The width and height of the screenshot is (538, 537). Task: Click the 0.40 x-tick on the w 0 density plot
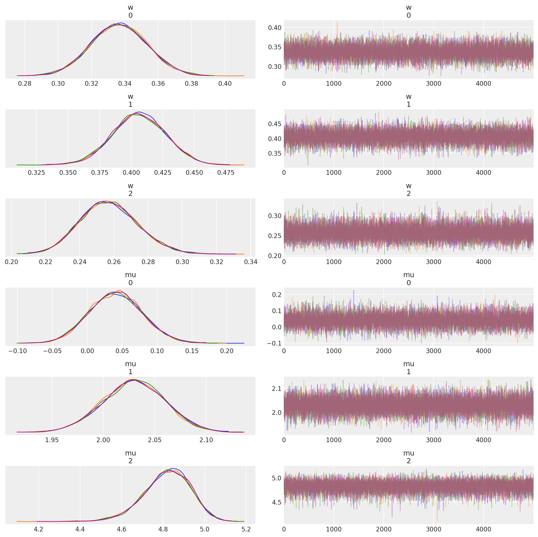(225, 84)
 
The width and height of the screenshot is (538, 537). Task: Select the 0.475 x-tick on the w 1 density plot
(226, 173)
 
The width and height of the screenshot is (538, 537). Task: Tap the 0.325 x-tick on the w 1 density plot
(36, 173)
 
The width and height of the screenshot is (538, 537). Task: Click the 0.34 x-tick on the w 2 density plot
(251, 262)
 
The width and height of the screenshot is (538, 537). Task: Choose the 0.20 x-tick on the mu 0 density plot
(227, 351)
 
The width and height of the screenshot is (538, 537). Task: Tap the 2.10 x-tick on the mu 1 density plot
(206, 440)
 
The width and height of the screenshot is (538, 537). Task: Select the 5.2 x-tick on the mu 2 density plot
(246, 529)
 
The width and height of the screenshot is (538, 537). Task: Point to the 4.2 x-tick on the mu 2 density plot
(38, 529)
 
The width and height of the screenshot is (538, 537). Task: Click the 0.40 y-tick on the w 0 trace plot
(275, 28)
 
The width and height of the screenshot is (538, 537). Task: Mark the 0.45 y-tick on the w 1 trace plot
(275, 124)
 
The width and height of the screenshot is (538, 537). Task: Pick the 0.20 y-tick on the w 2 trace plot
(275, 256)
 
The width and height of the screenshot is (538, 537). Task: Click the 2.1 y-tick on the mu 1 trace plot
(277, 389)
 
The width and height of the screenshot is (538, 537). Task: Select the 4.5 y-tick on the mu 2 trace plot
(277, 502)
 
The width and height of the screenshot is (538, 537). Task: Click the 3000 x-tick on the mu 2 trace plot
(434, 529)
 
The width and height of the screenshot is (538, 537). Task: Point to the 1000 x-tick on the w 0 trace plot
(334, 84)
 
